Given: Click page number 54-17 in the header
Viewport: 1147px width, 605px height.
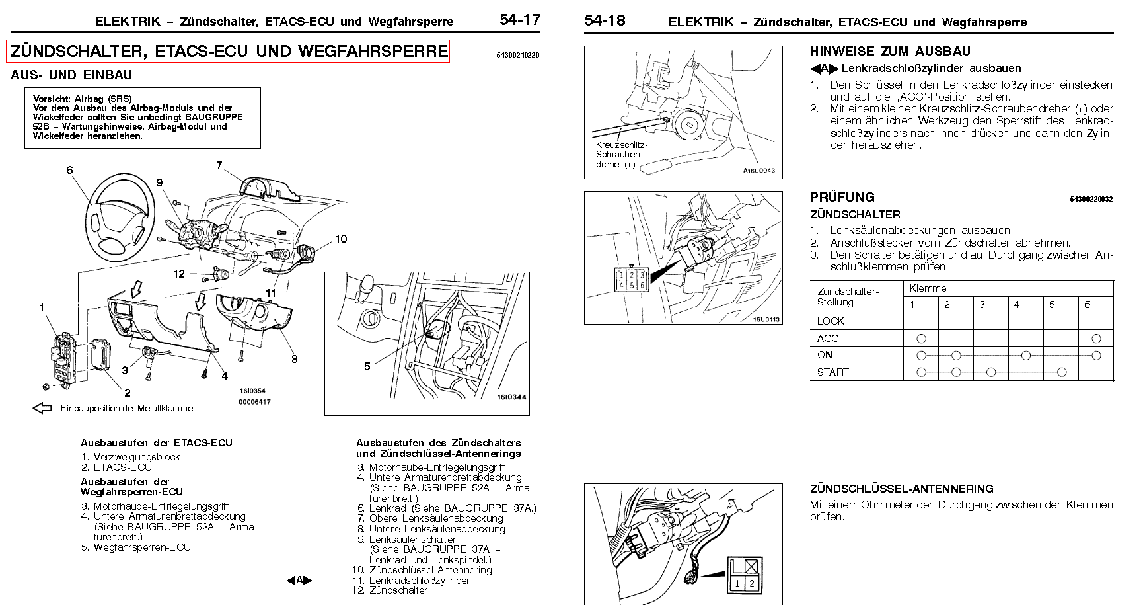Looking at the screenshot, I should coord(520,20).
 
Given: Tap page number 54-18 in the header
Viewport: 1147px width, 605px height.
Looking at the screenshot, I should coord(604,20).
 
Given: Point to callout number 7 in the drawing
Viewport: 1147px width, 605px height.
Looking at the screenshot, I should coord(219,165).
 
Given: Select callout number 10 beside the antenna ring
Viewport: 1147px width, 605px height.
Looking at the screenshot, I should coord(341,239).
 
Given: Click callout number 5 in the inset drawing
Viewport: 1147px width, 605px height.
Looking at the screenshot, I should coord(367,366).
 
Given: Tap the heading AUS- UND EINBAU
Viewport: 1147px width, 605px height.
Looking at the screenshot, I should coord(71,75).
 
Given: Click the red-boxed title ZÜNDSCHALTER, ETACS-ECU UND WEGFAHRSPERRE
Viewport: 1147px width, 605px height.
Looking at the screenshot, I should coord(228,51).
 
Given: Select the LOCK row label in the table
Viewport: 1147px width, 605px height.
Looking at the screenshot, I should coord(831,321).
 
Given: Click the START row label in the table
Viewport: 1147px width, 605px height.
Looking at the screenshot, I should coord(832,372).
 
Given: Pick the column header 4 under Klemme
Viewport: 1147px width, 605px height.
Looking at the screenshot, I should coord(1017,305).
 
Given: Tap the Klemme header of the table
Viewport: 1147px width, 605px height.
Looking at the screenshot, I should coord(928,288).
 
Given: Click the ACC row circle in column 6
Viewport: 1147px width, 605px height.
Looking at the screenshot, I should coord(1096,339).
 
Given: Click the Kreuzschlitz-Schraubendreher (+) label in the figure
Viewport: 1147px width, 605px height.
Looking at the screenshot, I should coord(621,155).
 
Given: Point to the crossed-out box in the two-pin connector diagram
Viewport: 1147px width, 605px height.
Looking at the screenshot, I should coord(750,566).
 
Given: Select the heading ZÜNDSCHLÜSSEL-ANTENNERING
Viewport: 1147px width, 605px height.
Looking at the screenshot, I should coord(901,489).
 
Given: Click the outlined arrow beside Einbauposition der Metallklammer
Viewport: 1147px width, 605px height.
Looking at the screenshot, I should coord(42,408).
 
